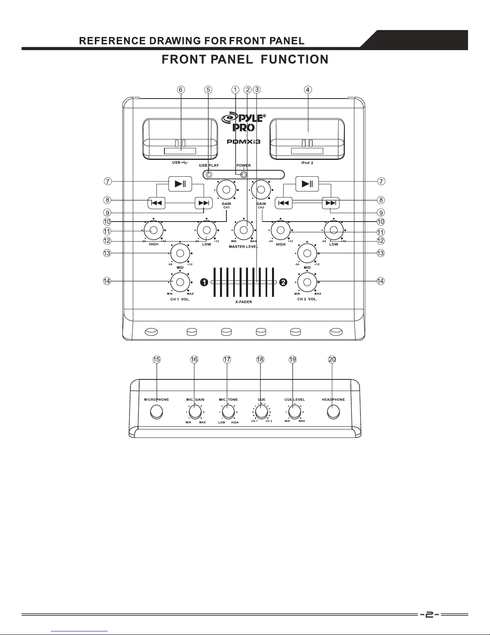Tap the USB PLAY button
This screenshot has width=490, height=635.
(x=209, y=175)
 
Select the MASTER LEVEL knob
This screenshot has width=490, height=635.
(x=244, y=230)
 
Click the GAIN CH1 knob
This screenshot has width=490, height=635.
(x=226, y=190)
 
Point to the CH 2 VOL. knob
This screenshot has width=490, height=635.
(x=307, y=282)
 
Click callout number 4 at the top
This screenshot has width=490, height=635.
(x=308, y=90)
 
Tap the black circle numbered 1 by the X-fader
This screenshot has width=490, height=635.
(x=204, y=282)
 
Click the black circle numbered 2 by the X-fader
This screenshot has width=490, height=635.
(x=283, y=282)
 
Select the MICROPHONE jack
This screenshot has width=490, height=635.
(x=157, y=412)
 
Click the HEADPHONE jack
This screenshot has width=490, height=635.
(x=333, y=412)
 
